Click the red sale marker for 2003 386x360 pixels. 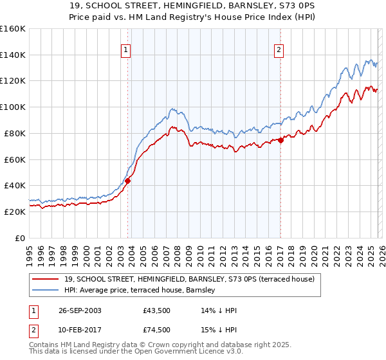pyautogui.click(x=128, y=181)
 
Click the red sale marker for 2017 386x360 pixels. pyautogui.click(x=280, y=140)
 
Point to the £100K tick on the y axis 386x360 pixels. pyautogui.click(x=13, y=107)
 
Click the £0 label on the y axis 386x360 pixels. pyautogui.click(x=19, y=238)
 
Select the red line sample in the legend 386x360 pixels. pyautogui.click(x=46, y=280)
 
